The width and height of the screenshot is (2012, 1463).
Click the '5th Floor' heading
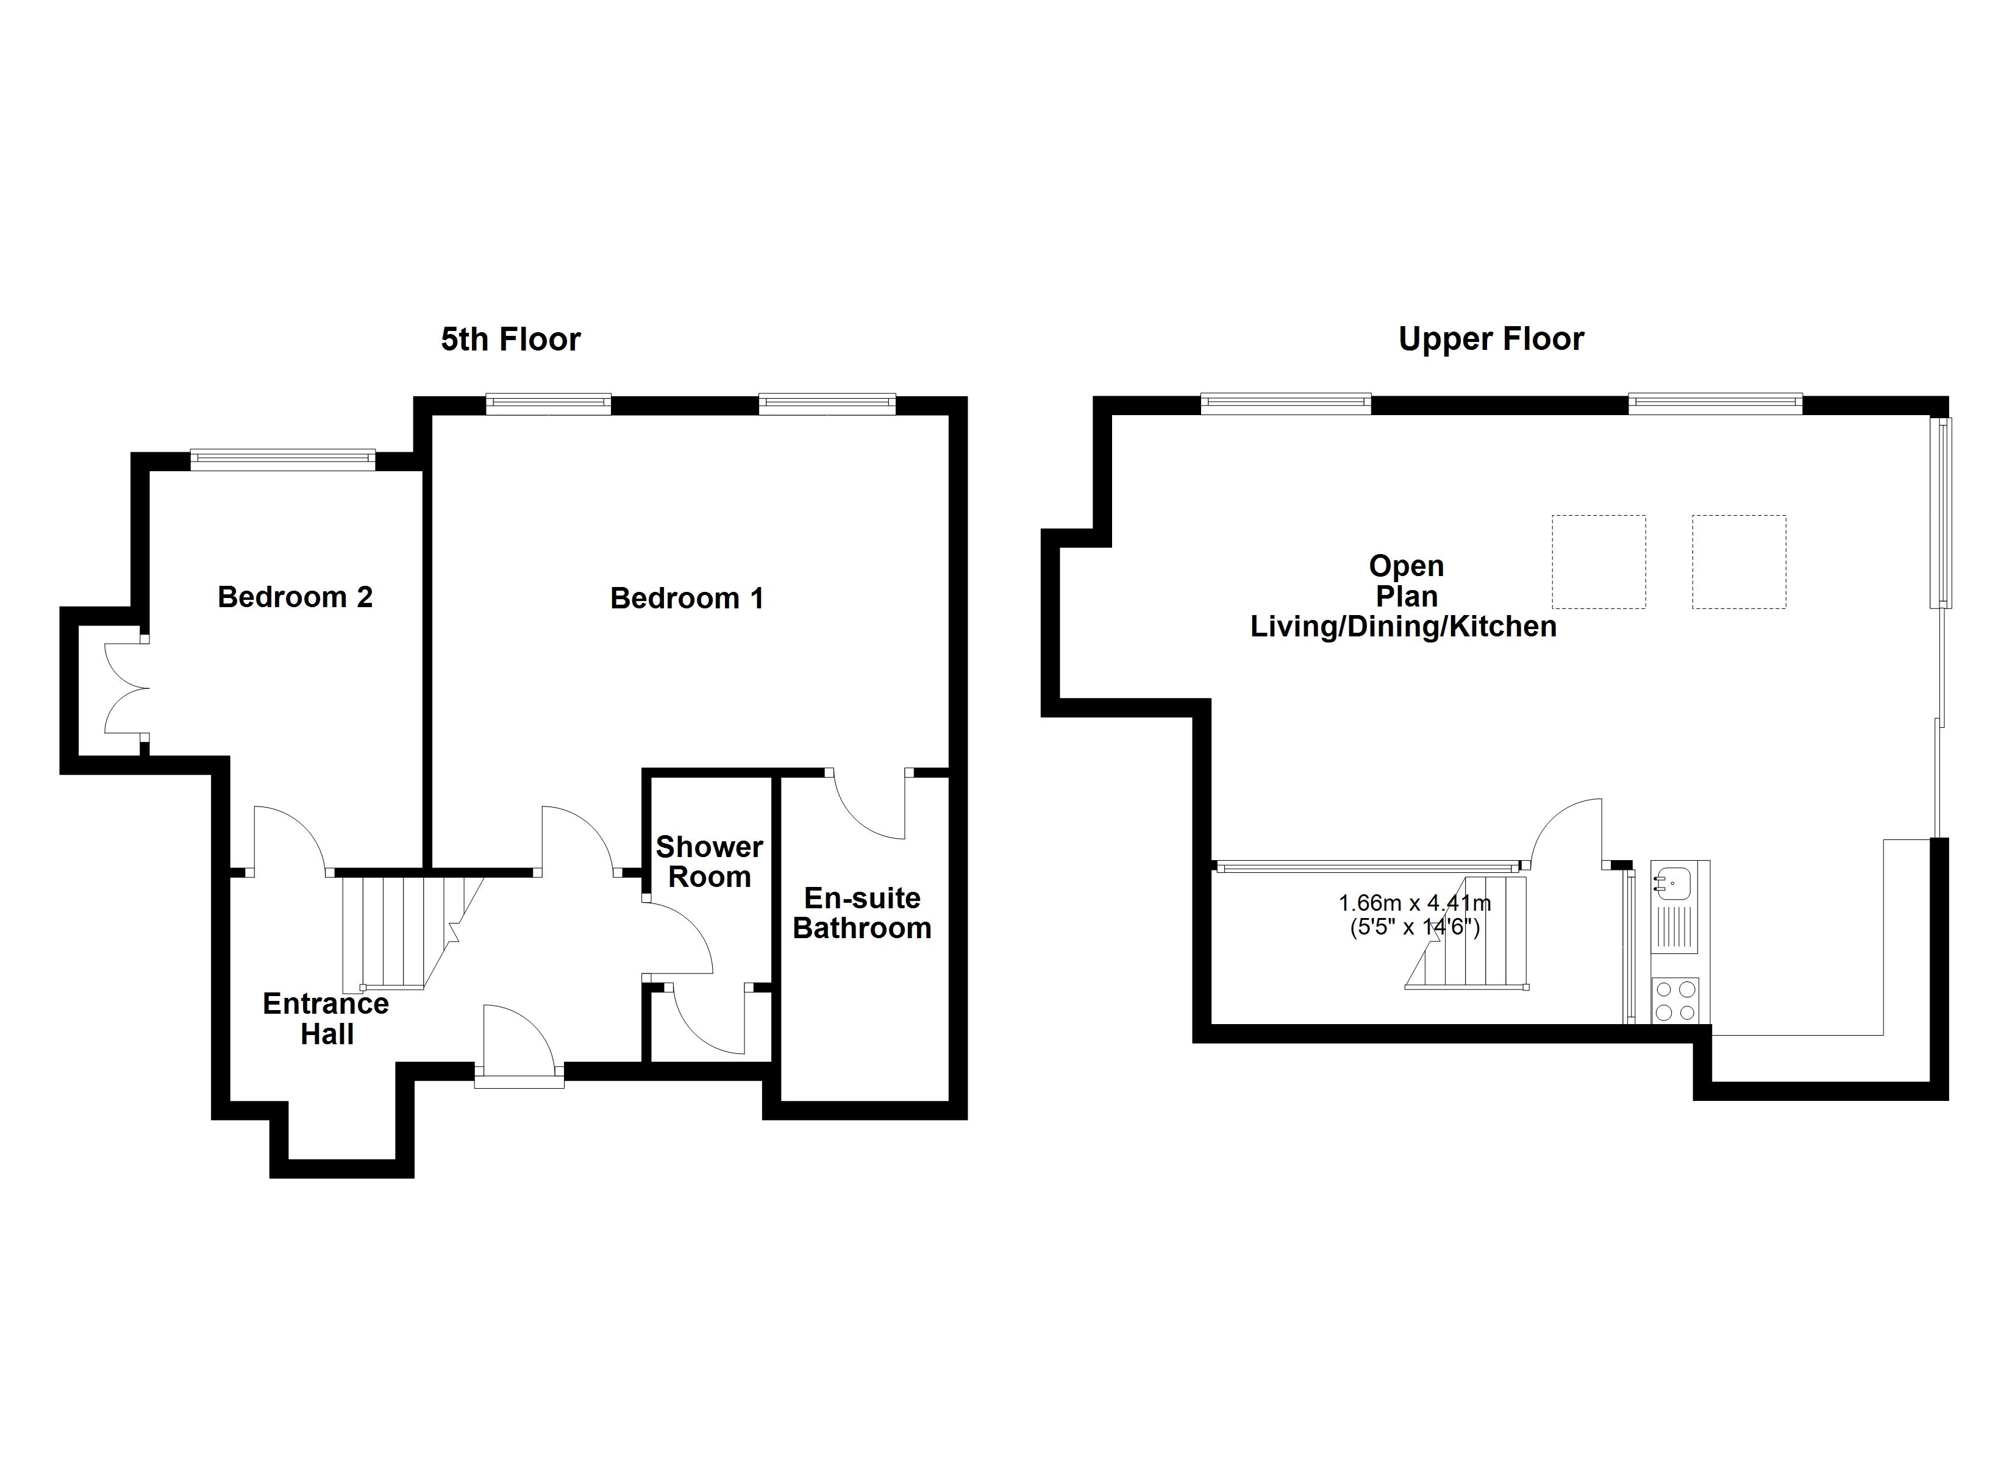pyautogui.click(x=510, y=339)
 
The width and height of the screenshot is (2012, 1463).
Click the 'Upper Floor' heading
pyautogui.click(x=1491, y=339)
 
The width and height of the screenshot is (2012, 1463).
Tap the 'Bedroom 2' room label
pyautogui.click(x=296, y=597)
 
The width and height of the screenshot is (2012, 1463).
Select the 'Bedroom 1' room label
pyautogui.click(x=687, y=598)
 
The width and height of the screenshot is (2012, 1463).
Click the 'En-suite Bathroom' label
pyautogui.click(x=862, y=913)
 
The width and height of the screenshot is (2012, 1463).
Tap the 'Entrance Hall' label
pyautogui.click(x=326, y=1019)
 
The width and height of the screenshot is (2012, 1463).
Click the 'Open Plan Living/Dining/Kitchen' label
pyautogui.click(x=1404, y=596)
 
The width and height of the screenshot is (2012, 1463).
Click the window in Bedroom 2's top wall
pyautogui.click(x=283, y=458)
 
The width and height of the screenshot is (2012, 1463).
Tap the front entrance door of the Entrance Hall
pyautogui.click(x=519, y=1044)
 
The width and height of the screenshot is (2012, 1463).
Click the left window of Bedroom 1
pyautogui.click(x=549, y=404)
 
